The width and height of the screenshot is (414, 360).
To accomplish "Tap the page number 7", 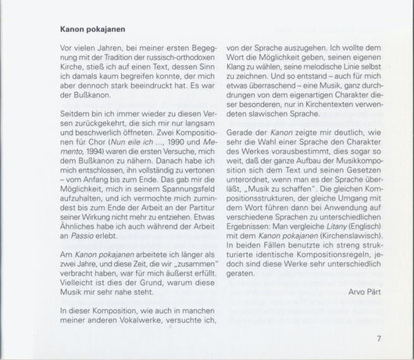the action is click(x=377, y=338).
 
